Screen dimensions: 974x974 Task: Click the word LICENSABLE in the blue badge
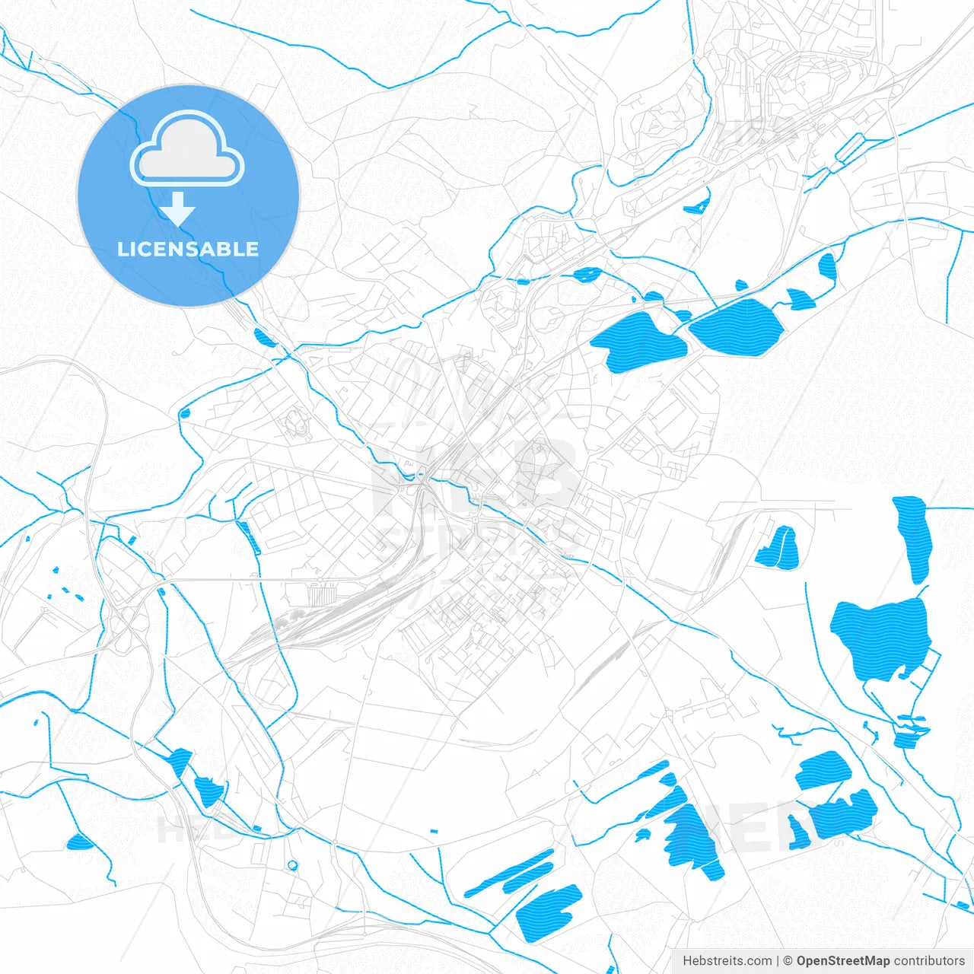click(188, 249)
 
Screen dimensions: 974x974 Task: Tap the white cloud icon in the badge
click(187, 149)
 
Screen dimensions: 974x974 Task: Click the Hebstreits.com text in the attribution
click(727, 961)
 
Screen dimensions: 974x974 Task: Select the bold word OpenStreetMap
click(842, 961)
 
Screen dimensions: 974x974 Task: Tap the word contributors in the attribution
click(929, 961)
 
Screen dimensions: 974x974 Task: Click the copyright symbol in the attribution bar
click(788, 961)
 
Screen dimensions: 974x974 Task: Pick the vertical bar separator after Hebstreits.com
click(777, 961)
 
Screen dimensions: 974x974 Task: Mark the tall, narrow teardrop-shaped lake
click(913, 536)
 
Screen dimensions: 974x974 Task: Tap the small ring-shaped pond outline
click(292, 864)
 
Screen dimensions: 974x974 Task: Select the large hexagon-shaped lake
click(737, 327)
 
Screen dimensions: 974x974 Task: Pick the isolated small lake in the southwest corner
click(79, 842)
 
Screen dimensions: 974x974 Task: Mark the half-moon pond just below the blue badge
click(263, 337)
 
